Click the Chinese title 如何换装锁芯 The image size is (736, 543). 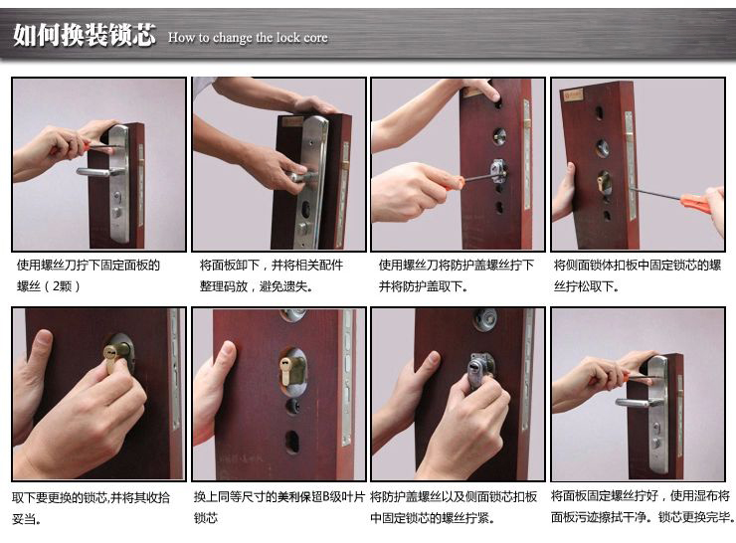coord(85,34)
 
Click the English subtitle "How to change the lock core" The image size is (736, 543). coord(248,37)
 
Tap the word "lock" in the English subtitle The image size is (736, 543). coord(287,37)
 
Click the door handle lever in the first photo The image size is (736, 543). coord(99,172)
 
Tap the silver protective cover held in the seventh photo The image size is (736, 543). coord(477,371)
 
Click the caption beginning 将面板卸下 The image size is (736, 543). coord(271,275)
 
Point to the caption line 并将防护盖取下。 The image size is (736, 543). coord(424,285)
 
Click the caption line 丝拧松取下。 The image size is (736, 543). coord(586,285)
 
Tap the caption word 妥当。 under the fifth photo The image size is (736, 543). coord(27,519)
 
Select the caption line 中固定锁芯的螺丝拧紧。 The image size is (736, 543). coord(433,518)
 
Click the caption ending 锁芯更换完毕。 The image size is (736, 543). coord(696,517)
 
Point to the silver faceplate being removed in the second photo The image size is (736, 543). coord(311,183)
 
